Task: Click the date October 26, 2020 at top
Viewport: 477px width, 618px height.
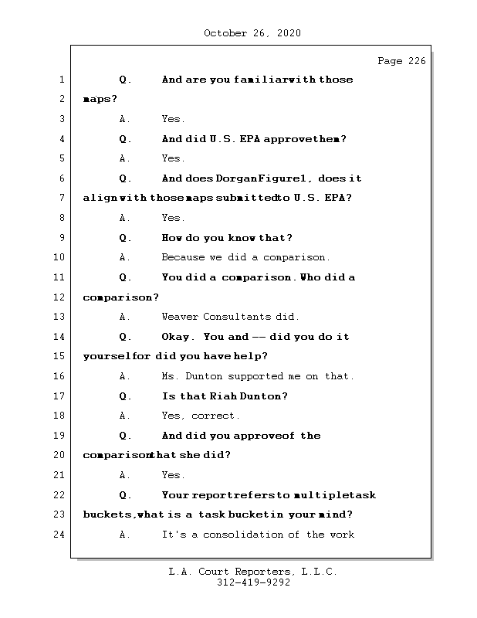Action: pos(252,33)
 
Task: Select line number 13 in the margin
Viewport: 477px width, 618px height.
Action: pos(60,317)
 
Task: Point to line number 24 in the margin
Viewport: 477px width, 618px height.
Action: pos(60,535)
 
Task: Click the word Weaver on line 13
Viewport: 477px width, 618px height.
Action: pos(179,317)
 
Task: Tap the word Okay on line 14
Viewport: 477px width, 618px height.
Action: pos(178,337)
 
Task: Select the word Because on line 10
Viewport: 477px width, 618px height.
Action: pos(182,257)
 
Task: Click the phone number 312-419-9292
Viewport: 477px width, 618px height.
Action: pos(253,583)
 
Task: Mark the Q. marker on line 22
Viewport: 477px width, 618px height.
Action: pos(126,495)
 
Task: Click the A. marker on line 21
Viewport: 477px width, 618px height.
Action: pos(125,475)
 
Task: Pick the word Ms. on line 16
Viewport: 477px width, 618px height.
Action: pos(171,376)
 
